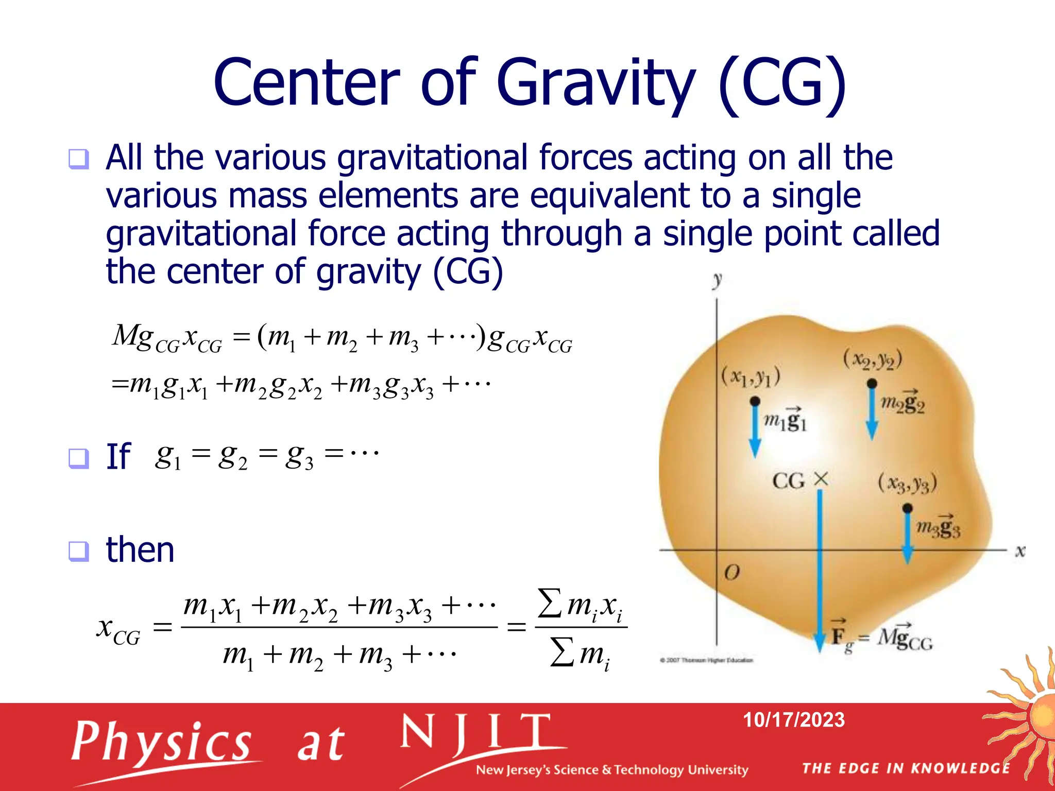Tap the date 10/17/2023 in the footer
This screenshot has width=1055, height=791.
coord(793,719)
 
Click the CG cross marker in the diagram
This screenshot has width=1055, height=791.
coord(821,479)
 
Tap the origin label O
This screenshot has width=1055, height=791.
coord(731,572)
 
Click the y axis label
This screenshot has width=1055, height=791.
coord(717,281)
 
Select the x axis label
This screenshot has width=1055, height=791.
coord(1020,551)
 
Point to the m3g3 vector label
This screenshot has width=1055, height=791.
coord(938,526)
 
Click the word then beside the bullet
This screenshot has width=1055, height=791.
coord(140,549)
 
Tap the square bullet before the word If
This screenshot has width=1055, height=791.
coord(79,458)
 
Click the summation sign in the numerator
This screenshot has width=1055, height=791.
coord(550,603)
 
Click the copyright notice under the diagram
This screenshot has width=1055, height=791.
coord(707,660)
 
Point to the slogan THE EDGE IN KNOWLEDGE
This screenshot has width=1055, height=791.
coord(906,768)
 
